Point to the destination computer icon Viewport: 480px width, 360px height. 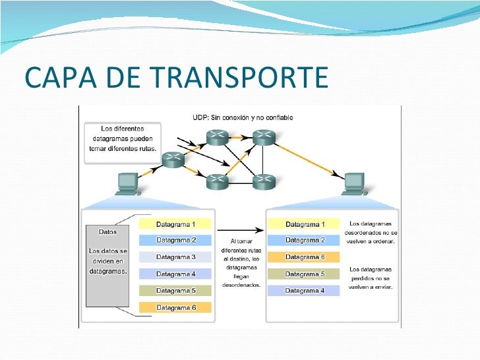[354, 184]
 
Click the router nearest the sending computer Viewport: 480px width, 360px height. [173, 159]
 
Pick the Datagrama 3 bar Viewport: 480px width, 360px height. [175, 257]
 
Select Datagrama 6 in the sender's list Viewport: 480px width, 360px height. [175, 307]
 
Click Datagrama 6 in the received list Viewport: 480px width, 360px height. [305, 257]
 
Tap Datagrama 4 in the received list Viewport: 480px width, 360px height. [305, 290]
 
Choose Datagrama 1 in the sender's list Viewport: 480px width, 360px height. [175, 224]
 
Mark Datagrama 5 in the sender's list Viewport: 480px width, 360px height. [175, 290]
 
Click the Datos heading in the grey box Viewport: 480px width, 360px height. [107, 232]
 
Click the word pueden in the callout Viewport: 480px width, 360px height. [140, 138]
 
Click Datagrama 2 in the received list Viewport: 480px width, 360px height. [305, 241]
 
